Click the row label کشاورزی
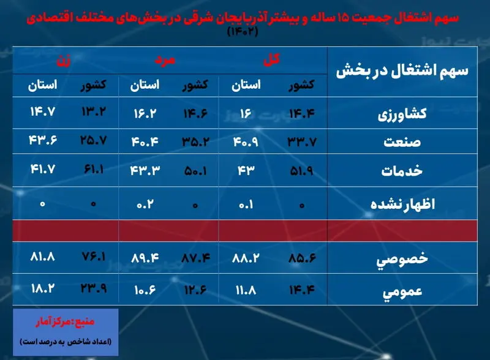(x=402, y=114)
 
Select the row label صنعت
(x=402, y=142)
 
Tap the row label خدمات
(x=402, y=171)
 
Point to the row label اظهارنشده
(x=402, y=204)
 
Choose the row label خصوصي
(x=402, y=260)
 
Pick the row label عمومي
(x=402, y=291)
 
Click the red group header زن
(x=64, y=61)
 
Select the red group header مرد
(x=165, y=60)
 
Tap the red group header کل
(x=271, y=59)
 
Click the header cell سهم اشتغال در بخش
(x=402, y=71)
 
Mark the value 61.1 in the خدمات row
(x=94, y=170)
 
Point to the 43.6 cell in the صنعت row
(x=43, y=140)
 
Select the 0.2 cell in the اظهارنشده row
(x=145, y=204)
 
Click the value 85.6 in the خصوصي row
(x=302, y=258)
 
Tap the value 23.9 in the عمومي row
(x=94, y=288)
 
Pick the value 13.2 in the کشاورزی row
(x=94, y=111)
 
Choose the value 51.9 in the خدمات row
(x=301, y=171)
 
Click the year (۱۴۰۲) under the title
(x=243, y=32)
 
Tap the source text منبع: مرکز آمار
(x=65, y=322)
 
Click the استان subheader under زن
(x=42, y=85)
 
